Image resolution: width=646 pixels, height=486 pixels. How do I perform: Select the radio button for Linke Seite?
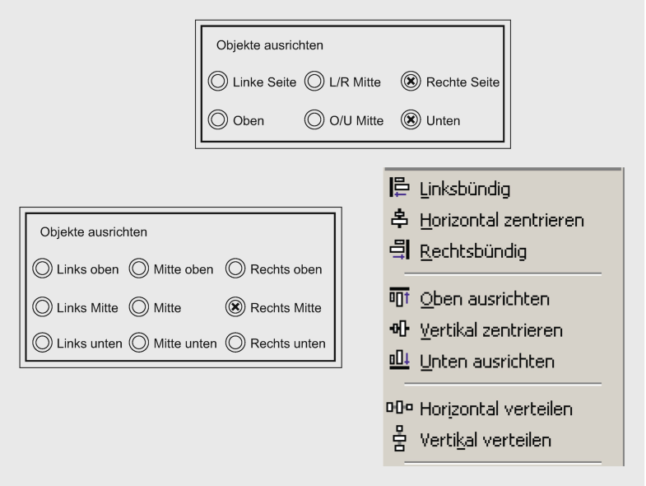coord(217,82)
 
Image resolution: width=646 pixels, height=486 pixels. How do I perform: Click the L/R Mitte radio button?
coord(314,82)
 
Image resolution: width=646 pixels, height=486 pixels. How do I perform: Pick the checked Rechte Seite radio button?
coord(410,82)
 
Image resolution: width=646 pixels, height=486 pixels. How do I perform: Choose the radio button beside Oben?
coord(217,121)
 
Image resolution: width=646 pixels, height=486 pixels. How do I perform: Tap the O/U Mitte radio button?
coord(314,121)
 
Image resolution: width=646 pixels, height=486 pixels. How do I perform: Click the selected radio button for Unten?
coord(410,121)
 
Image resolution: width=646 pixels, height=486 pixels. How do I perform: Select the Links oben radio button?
coord(41,269)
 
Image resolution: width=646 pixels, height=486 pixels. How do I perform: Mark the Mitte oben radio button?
coord(138,269)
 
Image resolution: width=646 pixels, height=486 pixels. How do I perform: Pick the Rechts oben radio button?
coord(235,269)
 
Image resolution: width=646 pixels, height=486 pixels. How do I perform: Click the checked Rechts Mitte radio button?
coord(235,308)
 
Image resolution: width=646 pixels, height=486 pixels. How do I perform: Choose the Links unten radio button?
coord(41,343)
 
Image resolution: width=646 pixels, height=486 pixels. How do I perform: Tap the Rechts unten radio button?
coord(235,343)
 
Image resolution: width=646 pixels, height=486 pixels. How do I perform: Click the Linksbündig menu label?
coord(465,189)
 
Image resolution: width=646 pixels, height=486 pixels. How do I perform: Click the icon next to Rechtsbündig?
coord(402,250)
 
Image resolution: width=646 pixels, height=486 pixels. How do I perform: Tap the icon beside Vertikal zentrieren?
coord(402,329)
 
